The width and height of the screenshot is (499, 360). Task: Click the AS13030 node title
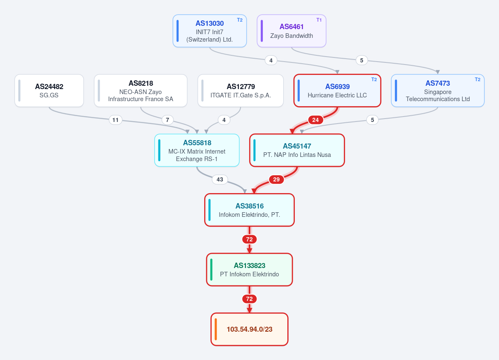coord(210,23)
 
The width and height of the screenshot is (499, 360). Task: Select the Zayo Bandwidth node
coord(291,31)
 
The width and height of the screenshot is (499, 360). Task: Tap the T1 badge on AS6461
coord(319,20)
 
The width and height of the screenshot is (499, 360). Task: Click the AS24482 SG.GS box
coord(49,90)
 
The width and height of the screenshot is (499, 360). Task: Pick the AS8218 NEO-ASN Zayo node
coord(141,90)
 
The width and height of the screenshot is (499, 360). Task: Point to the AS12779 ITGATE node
coord(241,90)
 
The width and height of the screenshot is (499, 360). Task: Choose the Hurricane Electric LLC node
coord(337,90)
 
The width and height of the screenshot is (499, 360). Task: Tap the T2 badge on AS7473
coord(477,79)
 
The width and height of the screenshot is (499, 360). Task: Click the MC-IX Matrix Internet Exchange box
coord(197,150)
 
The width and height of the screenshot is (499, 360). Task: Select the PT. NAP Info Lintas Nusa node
coord(297,150)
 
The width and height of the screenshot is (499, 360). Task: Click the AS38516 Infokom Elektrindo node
coord(249,210)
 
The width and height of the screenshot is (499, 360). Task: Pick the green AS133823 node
coord(249,270)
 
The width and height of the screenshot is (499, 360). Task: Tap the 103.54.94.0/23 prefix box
coord(249,329)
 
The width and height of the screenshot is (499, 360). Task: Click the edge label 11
coord(116,120)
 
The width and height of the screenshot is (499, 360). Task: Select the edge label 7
coord(167,120)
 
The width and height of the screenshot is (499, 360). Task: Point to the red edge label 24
coord(316,120)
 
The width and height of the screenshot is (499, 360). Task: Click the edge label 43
coord(220,179)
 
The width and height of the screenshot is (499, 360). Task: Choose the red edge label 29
coord(276,179)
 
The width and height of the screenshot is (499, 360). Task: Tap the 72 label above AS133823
coord(249,239)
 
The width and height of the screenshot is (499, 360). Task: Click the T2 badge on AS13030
coord(240,20)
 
